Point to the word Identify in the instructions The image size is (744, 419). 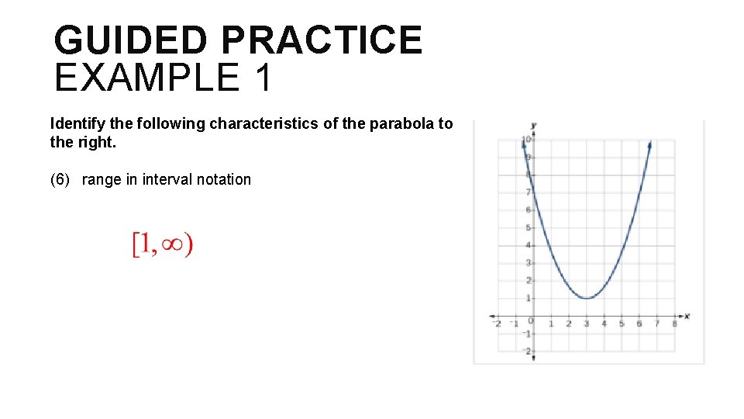[x=76, y=123]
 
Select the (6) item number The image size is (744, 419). [x=62, y=180]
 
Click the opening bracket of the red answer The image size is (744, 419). [x=135, y=245]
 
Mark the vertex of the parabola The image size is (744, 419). [x=587, y=298]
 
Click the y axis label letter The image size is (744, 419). [x=534, y=124]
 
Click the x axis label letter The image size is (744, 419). [x=687, y=316]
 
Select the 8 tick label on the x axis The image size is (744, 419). [x=674, y=324]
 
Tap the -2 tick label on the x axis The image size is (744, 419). [x=498, y=324]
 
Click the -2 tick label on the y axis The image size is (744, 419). [x=527, y=351]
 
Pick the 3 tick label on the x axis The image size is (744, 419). [x=587, y=324]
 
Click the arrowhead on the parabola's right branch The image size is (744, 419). [x=649, y=144]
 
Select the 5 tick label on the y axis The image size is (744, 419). [x=529, y=227]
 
